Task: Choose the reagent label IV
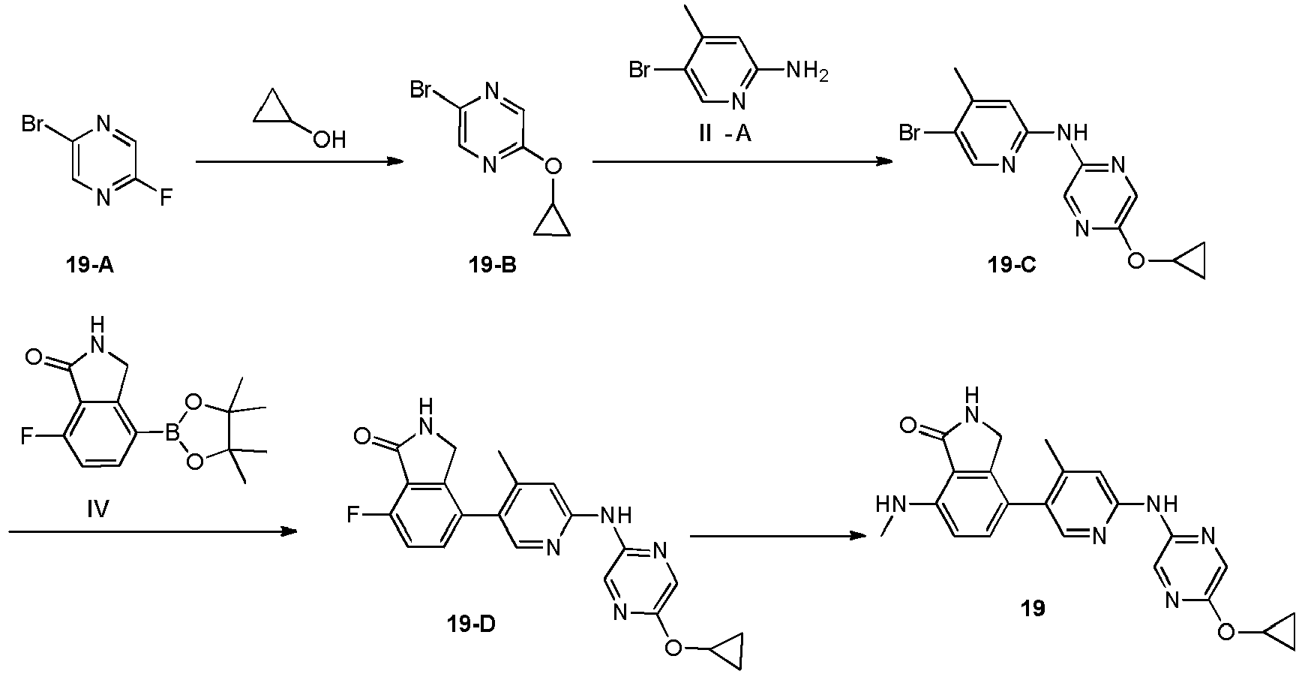click(97, 511)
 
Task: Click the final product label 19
click(1033, 609)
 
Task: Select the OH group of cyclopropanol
click(329, 139)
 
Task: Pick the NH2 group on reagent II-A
click(805, 73)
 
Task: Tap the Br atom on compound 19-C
click(911, 134)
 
